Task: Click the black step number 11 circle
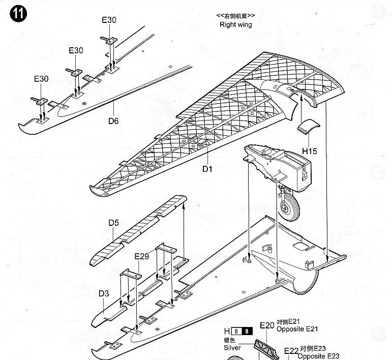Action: pos(18,14)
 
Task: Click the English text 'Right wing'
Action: pos(236,25)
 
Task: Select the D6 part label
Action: pos(113,121)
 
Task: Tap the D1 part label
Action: pos(207,169)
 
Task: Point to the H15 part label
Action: pos(310,151)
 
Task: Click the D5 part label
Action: pos(114,223)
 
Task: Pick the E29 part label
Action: pos(141,256)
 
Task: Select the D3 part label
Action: pos(104,293)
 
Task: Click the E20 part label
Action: pos(267,325)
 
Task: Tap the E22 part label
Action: pos(291,351)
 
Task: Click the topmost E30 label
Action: pos(109,20)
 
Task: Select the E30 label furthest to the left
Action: pos(41,79)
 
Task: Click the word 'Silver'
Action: pos(232,348)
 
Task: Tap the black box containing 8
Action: pos(247,331)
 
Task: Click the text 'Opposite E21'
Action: pos(297,329)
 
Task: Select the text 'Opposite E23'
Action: pos(318,356)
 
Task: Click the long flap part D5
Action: pos(138,230)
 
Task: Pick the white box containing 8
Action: pos(236,331)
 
